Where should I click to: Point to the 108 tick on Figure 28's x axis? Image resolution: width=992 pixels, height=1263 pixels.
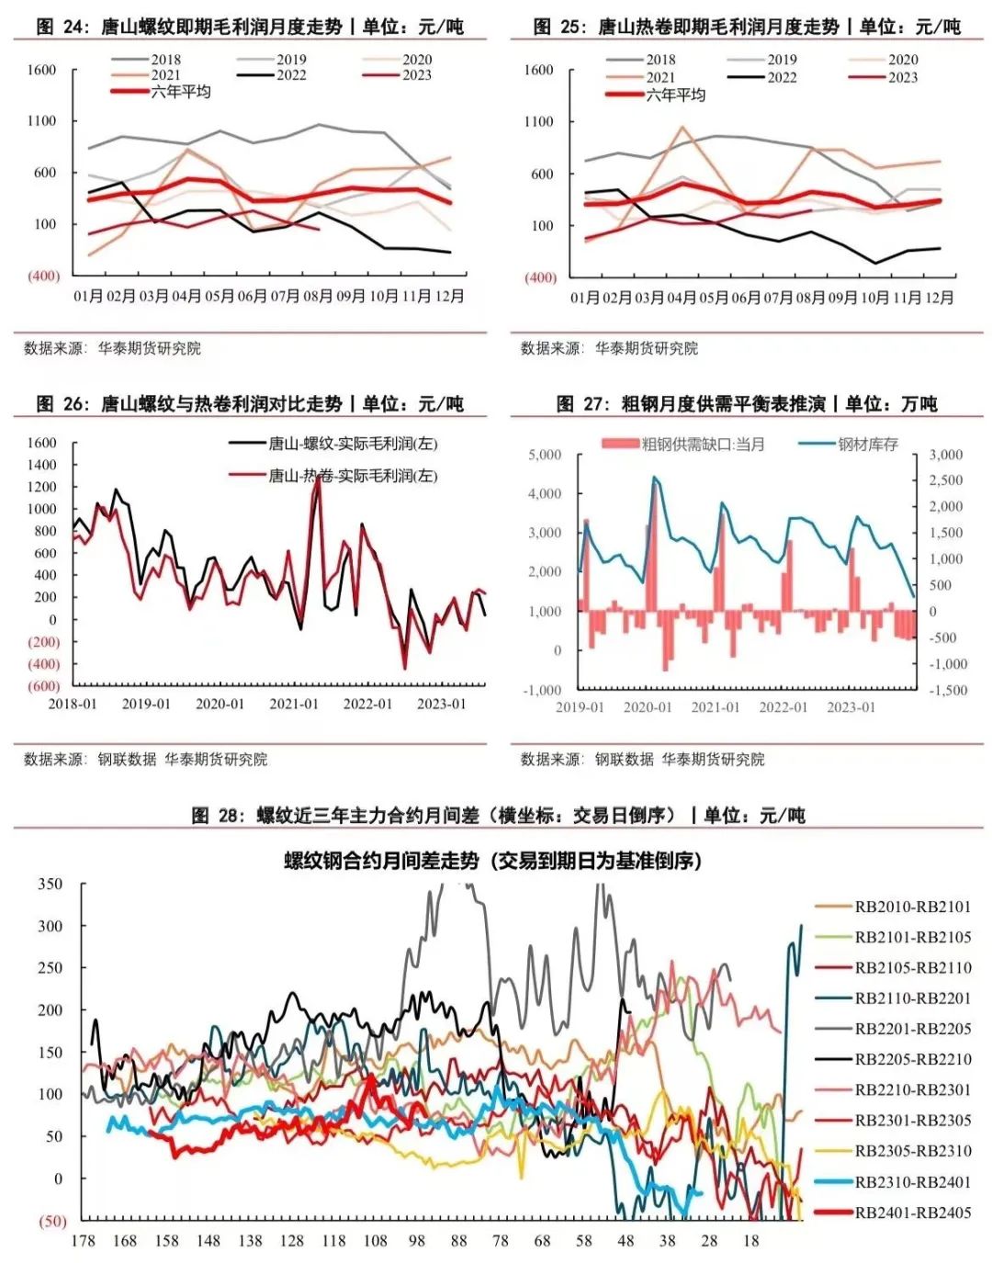375,1241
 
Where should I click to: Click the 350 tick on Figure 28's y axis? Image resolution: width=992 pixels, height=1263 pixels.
51,885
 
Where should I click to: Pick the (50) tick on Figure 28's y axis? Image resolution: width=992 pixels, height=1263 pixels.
51,1221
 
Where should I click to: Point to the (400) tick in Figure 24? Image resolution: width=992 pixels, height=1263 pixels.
43,276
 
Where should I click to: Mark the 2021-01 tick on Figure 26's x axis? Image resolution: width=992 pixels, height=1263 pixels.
293,704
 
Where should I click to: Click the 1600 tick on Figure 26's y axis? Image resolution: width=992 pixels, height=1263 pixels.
41,443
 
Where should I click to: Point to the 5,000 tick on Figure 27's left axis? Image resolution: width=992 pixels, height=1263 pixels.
545,455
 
